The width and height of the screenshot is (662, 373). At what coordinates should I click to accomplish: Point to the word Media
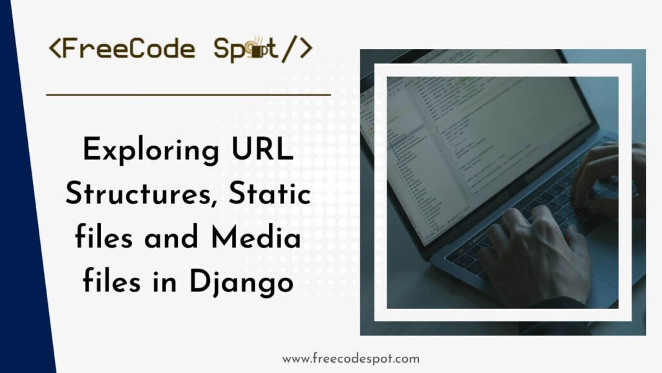point(262,238)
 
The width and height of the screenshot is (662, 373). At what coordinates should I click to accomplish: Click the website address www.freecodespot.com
point(351,358)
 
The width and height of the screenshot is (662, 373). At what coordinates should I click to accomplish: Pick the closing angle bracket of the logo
point(306,49)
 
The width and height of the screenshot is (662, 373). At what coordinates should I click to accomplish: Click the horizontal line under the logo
point(188,95)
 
